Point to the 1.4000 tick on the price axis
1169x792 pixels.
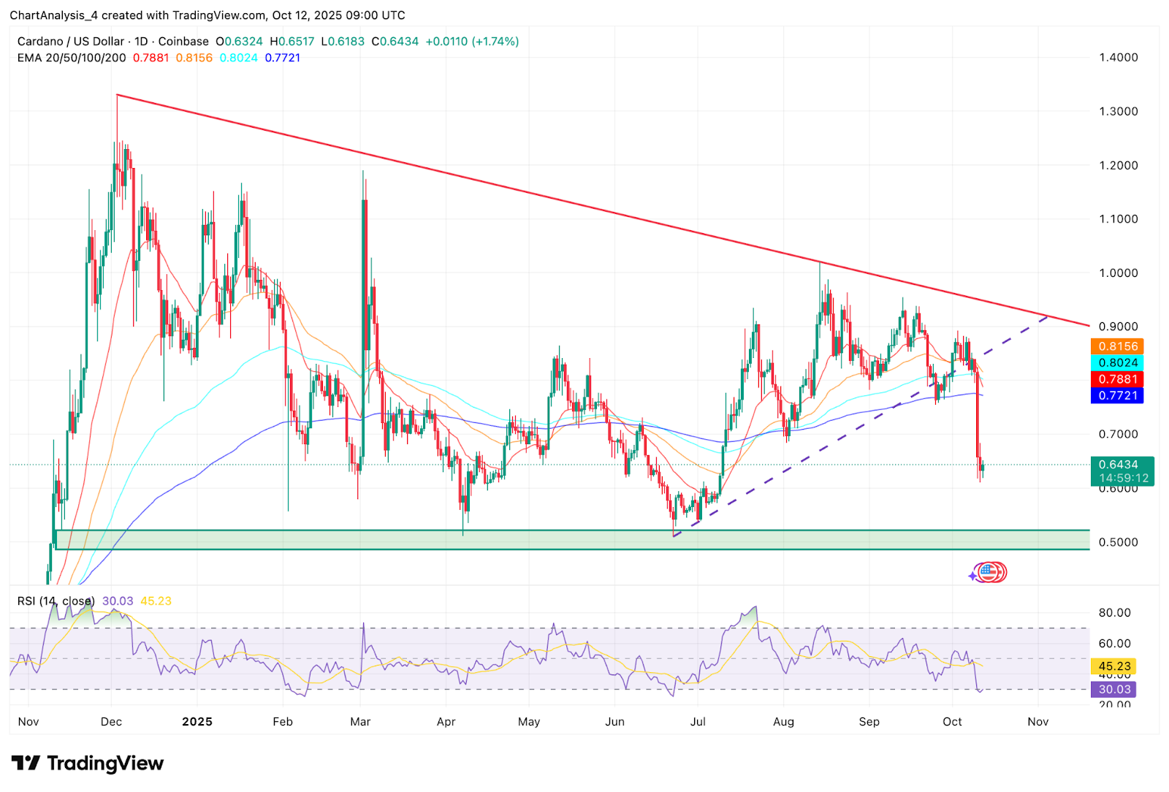[1118, 58]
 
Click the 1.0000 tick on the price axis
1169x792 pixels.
[1118, 273]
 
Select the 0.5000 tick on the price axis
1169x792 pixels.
[1118, 542]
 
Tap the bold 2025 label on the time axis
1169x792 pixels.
[197, 722]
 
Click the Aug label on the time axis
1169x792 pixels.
[783, 722]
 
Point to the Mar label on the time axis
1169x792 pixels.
[360, 722]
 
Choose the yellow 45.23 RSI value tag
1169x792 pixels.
[1114, 666]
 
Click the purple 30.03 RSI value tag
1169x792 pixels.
[1114, 689]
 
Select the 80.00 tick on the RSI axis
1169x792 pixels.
[1114, 613]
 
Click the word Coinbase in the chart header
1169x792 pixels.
[183, 42]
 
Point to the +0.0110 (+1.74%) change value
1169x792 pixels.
[472, 42]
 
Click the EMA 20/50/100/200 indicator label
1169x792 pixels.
[72, 58]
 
